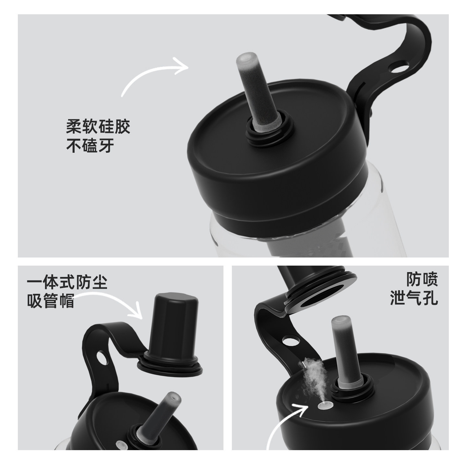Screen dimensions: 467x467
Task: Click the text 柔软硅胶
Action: (x=98, y=126)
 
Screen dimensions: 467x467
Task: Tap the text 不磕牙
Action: (x=90, y=146)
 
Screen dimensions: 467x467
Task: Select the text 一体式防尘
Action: (x=67, y=282)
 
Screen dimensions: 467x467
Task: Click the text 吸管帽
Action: (x=51, y=301)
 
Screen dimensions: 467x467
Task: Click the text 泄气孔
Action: (x=414, y=298)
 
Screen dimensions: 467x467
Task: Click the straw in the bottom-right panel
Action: (x=344, y=350)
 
